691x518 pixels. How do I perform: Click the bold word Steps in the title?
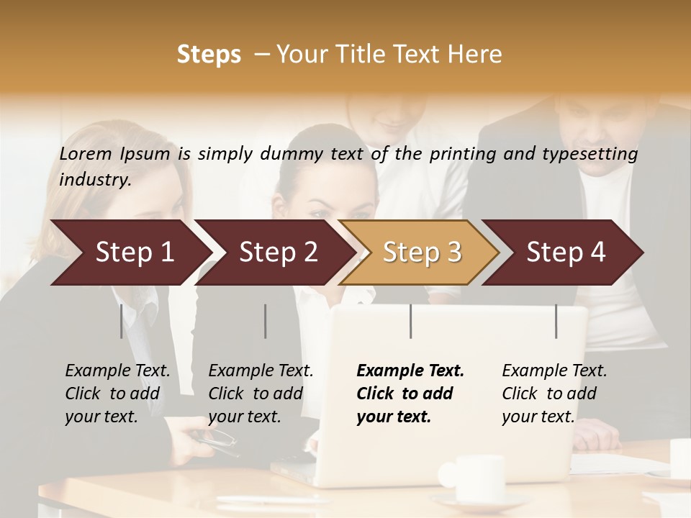click(209, 55)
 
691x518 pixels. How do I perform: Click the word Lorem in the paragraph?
click(86, 154)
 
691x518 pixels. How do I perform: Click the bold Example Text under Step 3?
click(410, 371)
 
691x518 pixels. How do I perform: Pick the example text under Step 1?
click(117, 394)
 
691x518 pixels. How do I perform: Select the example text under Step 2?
click(261, 394)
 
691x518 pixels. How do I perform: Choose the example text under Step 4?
click(554, 394)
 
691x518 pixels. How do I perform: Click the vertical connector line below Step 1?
click(121, 321)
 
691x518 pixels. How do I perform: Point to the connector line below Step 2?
click(266, 321)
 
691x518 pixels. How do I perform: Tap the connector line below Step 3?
click(411, 321)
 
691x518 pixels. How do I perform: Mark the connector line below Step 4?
click(556, 321)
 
